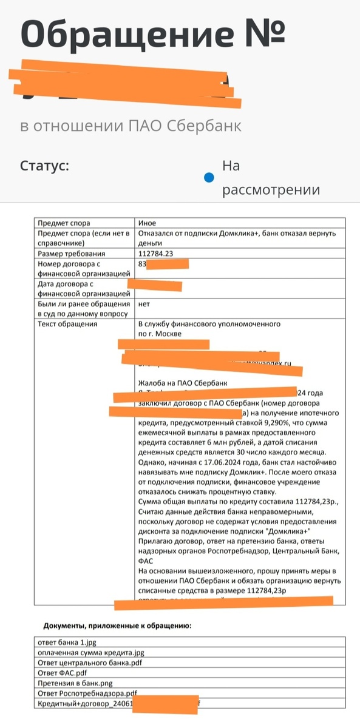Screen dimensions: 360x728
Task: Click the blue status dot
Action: tap(209, 178)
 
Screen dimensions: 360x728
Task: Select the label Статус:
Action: tap(44, 165)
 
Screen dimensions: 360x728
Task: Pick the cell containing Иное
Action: tap(148, 223)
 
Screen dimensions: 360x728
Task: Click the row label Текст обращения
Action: tap(67, 324)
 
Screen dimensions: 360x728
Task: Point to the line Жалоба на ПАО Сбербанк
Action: tap(183, 383)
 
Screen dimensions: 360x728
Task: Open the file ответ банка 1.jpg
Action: tap(69, 642)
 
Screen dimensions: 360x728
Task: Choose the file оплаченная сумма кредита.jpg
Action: tap(91, 653)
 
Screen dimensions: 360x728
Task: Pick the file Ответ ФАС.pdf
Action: tap(61, 673)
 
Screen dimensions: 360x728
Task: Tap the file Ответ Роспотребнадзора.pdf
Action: tap(87, 693)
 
